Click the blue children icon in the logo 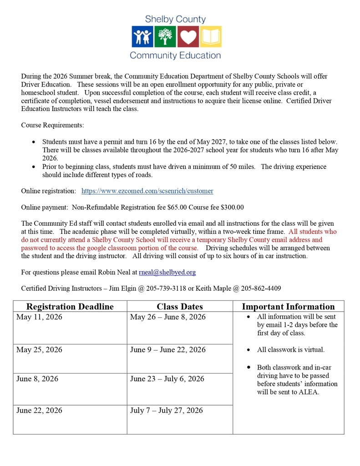[142, 37]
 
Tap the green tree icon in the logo [165, 37]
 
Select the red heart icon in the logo [188, 37]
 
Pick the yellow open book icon [211, 37]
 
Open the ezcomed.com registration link [147, 191]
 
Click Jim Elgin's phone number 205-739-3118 [136, 288]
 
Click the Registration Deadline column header [70, 307]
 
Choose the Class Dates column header [180, 307]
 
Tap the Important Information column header [288, 307]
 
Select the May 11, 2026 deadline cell [39, 317]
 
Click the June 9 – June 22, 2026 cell [167, 350]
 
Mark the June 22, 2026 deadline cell [39, 410]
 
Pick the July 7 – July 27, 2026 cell [166, 410]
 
